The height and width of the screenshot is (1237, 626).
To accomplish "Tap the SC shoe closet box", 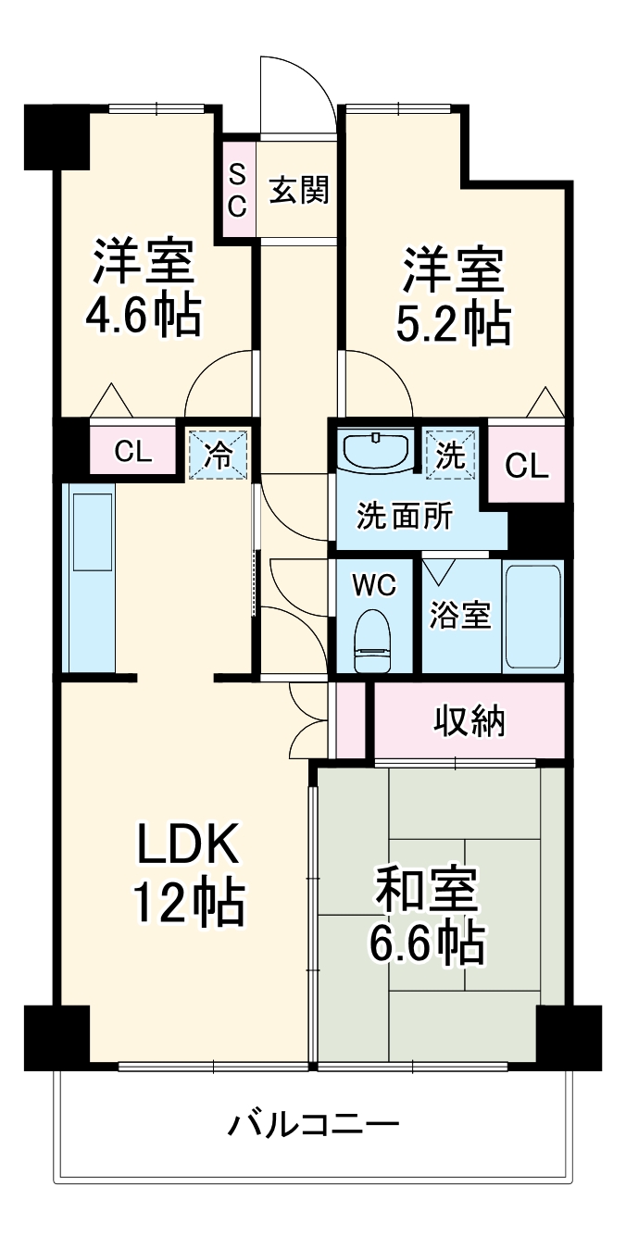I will tap(237, 190).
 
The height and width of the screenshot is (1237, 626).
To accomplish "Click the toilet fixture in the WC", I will tap(374, 640).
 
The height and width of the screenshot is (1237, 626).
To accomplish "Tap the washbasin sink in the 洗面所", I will tap(376, 451).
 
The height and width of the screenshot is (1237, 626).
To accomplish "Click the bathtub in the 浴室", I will tap(532, 617).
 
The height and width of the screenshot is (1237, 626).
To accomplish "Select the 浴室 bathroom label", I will tap(460, 616).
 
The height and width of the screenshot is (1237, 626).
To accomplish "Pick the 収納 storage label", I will tap(469, 721).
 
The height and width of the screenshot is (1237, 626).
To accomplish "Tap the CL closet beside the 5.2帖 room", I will tap(527, 466).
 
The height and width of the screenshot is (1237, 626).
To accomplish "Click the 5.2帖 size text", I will tap(454, 324).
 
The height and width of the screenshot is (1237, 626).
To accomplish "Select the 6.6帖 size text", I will tap(427, 942).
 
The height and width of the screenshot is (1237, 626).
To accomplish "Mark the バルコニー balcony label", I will tap(314, 1126).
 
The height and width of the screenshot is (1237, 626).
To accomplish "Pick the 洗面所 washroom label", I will tap(406, 516).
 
